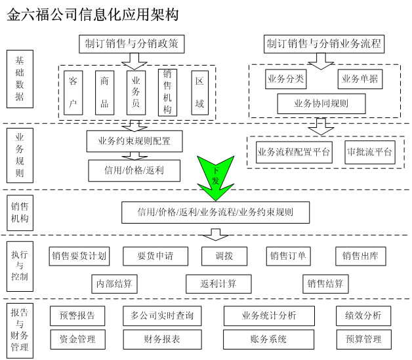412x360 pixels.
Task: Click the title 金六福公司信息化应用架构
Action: tap(92, 14)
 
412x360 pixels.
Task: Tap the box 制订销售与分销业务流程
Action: tap(325, 43)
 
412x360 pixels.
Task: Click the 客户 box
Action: tap(73, 92)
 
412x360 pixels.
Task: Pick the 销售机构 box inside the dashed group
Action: tap(168, 92)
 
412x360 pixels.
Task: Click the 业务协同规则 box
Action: tap(321, 103)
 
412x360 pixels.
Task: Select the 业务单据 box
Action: tap(360, 79)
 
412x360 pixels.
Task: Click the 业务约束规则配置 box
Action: tap(134, 140)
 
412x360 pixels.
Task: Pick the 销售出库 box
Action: tap(360, 256)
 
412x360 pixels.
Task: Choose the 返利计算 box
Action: tap(219, 284)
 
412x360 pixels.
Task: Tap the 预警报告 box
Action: tap(77, 315)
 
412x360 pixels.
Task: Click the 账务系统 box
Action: tap(268, 339)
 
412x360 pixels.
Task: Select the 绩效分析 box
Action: tap(363, 315)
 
